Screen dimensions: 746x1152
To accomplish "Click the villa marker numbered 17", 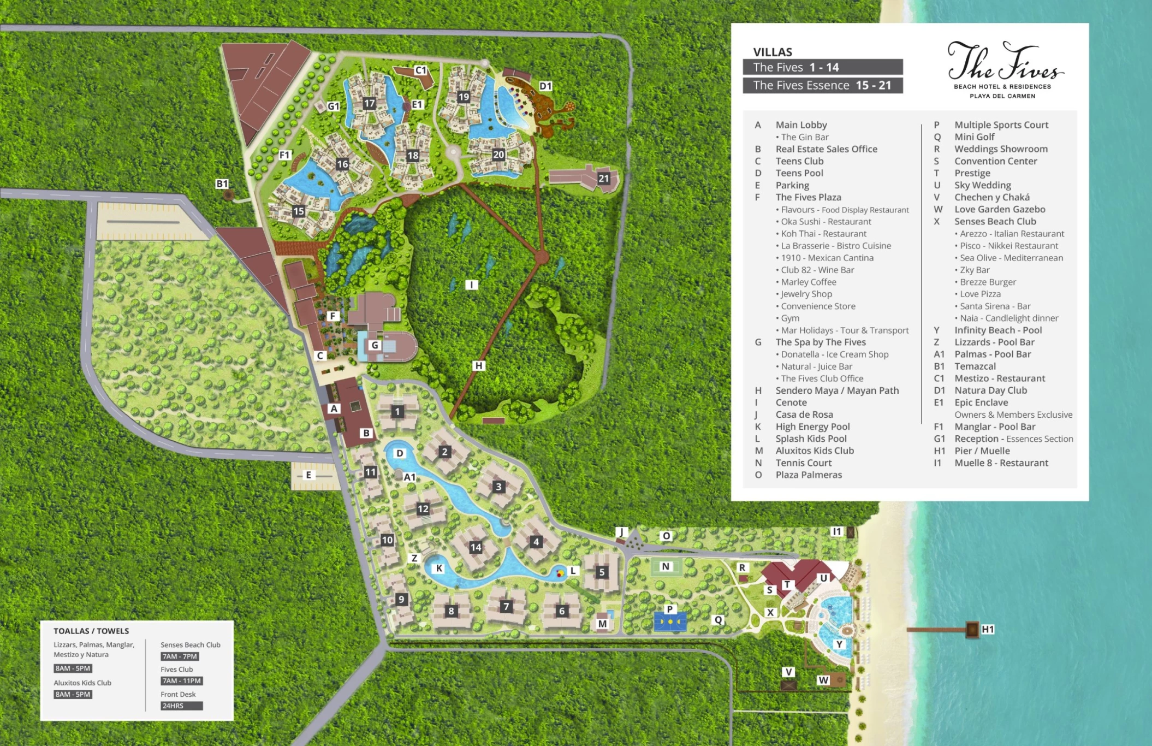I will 370,103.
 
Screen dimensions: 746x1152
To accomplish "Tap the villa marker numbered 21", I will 603,178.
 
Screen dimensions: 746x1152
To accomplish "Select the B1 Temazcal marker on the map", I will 222,184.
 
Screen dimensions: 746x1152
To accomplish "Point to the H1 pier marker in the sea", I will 987,629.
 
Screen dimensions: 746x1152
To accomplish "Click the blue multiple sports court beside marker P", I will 670,622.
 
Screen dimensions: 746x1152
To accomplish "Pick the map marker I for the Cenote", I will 472,285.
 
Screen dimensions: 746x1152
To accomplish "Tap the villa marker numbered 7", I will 506,606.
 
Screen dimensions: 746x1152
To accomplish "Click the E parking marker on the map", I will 308,475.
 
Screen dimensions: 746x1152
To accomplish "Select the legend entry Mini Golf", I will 974,137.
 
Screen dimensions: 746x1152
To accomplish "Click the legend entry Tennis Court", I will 803,463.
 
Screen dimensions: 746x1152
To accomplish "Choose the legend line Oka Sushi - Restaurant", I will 826,222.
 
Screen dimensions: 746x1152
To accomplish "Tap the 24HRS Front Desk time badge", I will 181,706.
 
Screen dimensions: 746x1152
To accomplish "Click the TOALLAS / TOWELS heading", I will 91,631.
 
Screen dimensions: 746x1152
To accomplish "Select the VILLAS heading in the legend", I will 772,52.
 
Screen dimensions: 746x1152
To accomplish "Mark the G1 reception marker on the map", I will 333,106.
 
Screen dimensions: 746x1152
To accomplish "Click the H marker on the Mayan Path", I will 479,365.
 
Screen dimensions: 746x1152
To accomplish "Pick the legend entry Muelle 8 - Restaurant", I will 1001,463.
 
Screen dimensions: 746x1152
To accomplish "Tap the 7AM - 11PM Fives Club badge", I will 181,681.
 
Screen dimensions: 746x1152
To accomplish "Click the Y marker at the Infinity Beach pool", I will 839,644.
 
